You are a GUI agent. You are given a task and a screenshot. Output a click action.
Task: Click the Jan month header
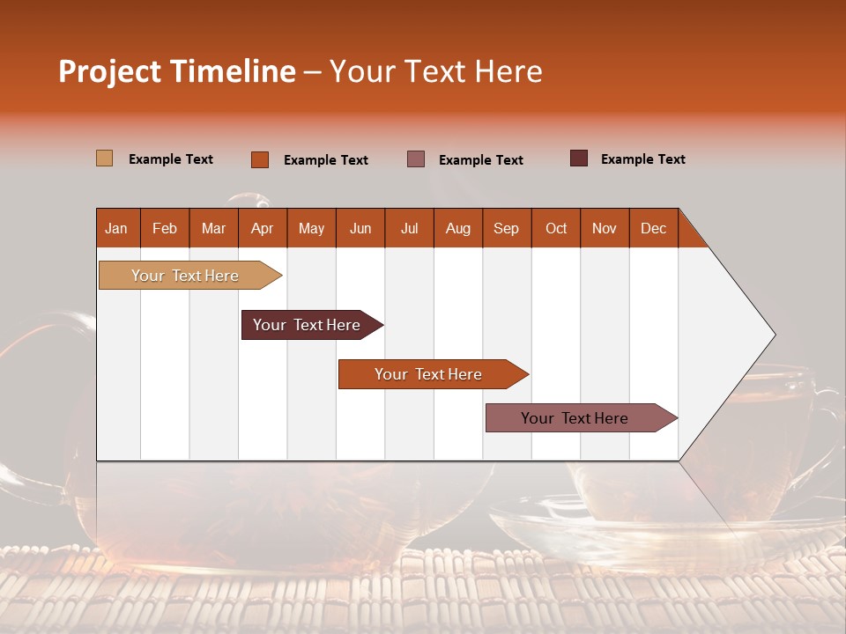click(116, 228)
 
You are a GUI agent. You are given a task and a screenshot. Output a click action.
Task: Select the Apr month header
click(262, 228)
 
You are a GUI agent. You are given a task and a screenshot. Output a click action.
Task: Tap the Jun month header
click(360, 228)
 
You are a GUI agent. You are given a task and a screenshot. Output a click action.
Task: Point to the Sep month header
click(506, 228)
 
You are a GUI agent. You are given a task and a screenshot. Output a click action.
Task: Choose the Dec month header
click(653, 228)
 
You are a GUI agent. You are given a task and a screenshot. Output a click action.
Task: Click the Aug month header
click(457, 228)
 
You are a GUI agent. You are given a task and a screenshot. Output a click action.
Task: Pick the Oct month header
click(556, 228)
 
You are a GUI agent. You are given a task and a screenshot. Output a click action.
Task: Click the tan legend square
click(104, 158)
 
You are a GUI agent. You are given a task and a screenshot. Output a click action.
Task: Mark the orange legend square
click(259, 159)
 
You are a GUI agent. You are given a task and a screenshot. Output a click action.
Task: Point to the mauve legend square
click(415, 159)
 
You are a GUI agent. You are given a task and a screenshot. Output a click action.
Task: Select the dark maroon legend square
click(578, 158)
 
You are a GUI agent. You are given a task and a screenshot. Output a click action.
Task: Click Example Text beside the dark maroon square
click(642, 159)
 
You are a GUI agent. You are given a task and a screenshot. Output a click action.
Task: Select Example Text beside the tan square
click(171, 159)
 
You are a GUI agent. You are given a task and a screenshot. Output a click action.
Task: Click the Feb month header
click(165, 228)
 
